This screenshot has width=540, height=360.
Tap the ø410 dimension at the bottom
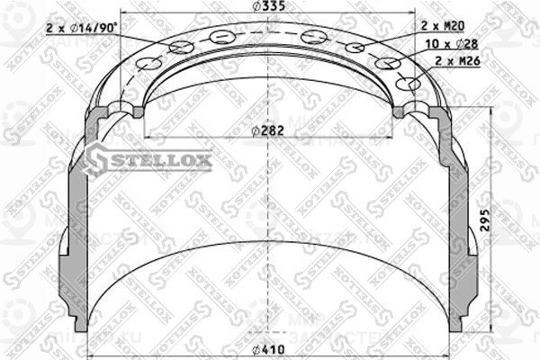click(269, 349)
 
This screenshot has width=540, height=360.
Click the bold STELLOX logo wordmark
click(161, 162)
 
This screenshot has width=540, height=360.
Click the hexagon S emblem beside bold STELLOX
click(96, 162)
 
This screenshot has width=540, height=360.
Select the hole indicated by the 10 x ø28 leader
click(388, 63)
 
